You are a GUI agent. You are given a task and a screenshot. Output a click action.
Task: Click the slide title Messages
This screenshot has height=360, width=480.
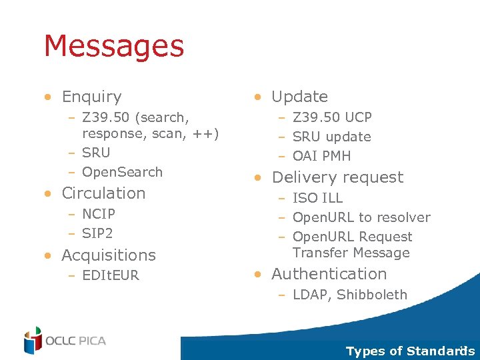pyautogui.click(x=113, y=47)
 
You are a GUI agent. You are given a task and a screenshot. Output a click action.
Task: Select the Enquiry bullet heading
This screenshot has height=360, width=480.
pyautogui.click(x=91, y=97)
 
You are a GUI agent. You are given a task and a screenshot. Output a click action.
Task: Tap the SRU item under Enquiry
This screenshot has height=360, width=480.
pyautogui.click(x=96, y=153)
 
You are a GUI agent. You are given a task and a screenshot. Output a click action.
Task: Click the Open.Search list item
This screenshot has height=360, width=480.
pyautogui.click(x=122, y=172)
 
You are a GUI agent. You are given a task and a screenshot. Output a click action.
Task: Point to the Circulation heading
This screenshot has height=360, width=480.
pyautogui.click(x=103, y=193)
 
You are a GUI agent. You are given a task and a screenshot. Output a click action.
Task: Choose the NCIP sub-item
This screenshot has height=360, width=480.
pyautogui.click(x=98, y=214)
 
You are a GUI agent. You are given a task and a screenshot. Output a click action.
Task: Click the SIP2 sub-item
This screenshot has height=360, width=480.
pyautogui.click(x=97, y=233)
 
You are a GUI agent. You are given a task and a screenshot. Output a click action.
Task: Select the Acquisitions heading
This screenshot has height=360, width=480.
pyautogui.click(x=108, y=255)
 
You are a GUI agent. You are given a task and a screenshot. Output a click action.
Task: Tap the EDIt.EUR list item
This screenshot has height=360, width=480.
pyautogui.click(x=111, y=275)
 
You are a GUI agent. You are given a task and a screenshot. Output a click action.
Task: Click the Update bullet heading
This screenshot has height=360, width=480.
pyautogui.click(x=299, y=97)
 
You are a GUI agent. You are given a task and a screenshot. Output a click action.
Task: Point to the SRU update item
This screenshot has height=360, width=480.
pyautogui.click(x=331, y=137)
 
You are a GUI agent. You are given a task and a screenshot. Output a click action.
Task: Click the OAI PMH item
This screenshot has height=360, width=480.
pyautogui.click(x=321, y=156)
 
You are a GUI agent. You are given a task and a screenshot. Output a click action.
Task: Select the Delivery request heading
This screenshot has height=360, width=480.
pyautogui.click(x=337, y=177)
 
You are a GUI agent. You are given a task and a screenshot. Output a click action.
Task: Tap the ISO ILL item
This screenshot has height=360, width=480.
pyautogui.click(x=317, y=198)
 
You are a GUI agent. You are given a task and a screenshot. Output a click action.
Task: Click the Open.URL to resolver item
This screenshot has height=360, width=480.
pyautogui.click(x=361, y=217)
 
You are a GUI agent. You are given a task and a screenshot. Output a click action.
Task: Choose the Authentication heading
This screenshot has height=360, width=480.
pyautogui.click(x=329, y=274)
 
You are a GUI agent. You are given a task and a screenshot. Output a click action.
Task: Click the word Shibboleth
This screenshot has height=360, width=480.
pyautogui.click(x=371, y=295)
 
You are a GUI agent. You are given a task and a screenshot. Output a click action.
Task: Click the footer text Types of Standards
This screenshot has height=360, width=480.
pyautogui.click(x=410, y=351)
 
